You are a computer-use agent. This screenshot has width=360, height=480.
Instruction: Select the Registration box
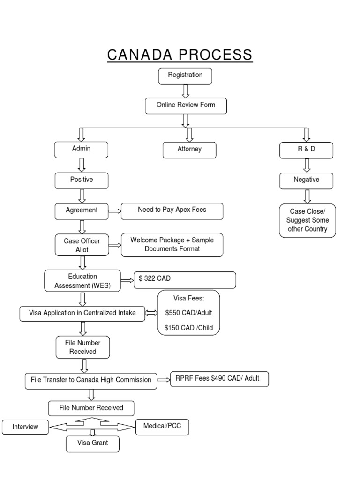[185, 75]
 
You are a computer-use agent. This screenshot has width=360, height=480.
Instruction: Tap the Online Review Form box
[186, 105]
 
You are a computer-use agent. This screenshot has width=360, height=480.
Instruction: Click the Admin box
[82, 149]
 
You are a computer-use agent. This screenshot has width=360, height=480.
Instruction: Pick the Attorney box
[189, 150]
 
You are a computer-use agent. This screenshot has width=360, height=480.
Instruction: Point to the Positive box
[82, 180]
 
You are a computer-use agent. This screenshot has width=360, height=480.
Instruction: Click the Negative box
[307, 180]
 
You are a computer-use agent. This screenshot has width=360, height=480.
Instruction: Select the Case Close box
[307, 220]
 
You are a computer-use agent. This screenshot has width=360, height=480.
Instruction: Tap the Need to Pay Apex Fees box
[172, 210]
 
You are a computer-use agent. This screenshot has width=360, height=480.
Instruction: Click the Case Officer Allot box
[82, 245]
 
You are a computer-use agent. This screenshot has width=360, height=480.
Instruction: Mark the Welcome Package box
[172, 245]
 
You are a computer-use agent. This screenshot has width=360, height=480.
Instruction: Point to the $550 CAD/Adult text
[189, 313]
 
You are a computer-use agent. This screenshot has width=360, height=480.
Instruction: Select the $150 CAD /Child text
[189, 328]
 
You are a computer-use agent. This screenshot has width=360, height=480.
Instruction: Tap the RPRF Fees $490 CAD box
[219, 379]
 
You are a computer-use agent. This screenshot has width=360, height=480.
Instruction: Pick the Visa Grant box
[92, 443]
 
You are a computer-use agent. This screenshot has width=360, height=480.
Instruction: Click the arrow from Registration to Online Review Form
[186, 91]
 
